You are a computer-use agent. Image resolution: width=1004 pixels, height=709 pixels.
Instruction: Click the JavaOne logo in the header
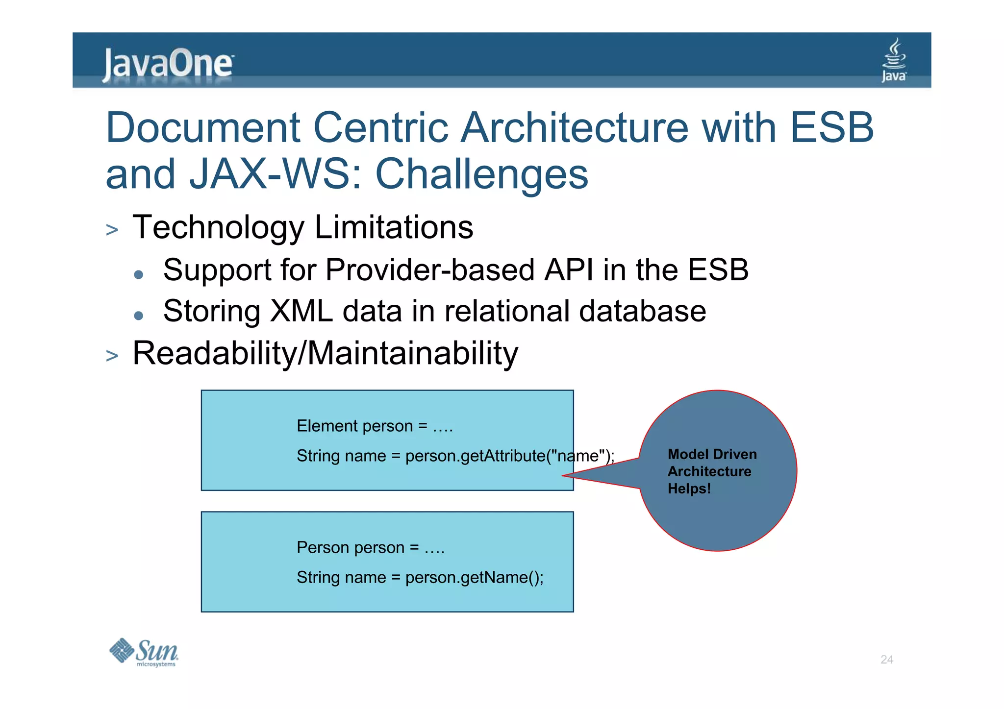[x=168, y=64]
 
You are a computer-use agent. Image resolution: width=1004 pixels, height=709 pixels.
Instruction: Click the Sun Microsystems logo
[x=144, y=652]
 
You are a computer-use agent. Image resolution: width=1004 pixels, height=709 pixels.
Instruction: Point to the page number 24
[x=886, y=660]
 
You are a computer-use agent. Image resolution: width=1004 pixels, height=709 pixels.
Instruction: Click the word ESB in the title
[x=832, y=128]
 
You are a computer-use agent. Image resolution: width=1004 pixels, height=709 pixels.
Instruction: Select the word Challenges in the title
[x=481, y=174]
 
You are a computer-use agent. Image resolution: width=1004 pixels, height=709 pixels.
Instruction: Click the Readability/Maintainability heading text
[x=325, y=353]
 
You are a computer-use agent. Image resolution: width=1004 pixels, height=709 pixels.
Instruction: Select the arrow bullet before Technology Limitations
[x=112, y=230]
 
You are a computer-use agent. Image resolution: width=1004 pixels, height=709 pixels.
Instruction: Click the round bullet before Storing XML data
[x=139, y=316]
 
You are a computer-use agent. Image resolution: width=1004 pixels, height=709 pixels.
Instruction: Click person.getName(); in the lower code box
[x=474, y=578]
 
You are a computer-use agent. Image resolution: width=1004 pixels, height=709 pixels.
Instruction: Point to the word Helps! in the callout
[x=689, y=489]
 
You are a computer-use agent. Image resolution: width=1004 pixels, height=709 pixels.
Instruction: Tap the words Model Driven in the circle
[x=712, y=454]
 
